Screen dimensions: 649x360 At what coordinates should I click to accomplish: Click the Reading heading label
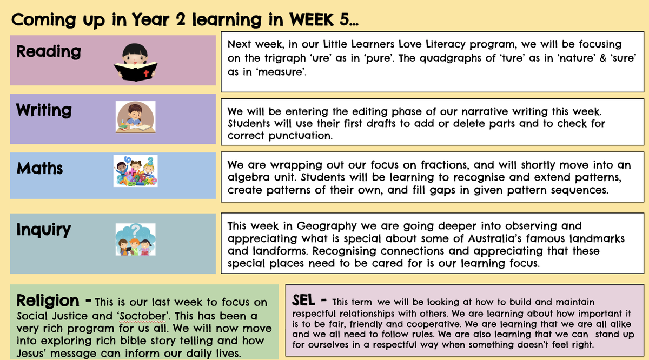coord(49,52)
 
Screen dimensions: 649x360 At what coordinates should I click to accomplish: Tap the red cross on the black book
coord(147,74)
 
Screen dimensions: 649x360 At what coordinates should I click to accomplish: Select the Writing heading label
coord(44,110)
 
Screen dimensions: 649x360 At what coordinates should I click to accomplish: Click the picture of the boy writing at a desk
coord(135,117)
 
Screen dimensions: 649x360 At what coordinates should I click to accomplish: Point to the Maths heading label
coord(39,168)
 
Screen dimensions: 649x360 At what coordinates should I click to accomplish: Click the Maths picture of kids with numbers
coord(135,171)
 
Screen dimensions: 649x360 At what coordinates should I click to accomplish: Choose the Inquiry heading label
coord(43,230)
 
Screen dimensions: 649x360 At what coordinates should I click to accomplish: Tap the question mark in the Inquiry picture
coord(135,231)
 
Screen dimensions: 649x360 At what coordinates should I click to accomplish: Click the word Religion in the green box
coord(48,301)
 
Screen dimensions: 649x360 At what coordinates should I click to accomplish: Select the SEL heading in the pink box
coord(303,300)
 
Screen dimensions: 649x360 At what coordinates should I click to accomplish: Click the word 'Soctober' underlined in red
coord(142,316)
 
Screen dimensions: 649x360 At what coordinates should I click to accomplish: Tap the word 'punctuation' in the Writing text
coord(300,136)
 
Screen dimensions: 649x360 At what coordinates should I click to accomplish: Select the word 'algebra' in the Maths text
coord(249,177)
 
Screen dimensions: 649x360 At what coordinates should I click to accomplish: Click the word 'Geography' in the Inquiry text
coord(327,226)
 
